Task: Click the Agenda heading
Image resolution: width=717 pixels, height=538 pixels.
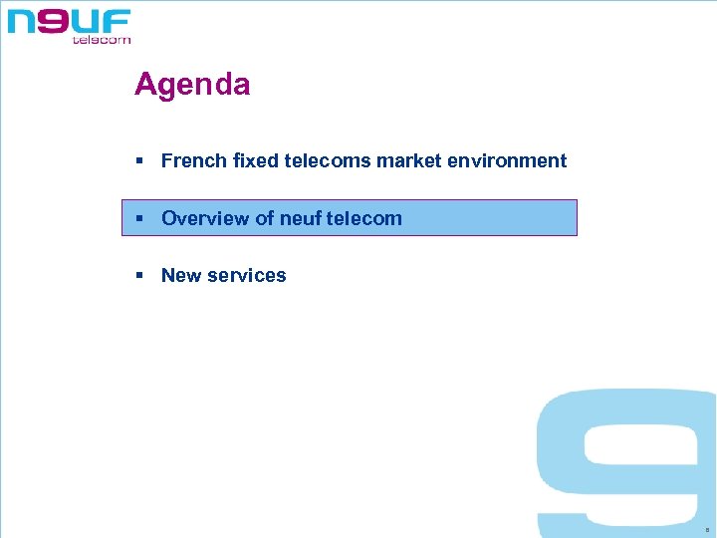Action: [x=192, y=85]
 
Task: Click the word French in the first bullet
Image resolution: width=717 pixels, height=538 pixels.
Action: [x=193, y=161]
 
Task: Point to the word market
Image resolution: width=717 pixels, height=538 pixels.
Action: [x=408, y=161]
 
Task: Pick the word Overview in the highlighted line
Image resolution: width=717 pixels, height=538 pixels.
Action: [x=205, y=218]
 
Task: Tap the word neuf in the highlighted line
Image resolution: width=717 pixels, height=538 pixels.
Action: [x=300, y=218]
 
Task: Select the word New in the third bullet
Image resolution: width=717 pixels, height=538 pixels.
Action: [x=181, y=276]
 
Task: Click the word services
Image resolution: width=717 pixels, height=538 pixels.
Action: [x=247, y=276]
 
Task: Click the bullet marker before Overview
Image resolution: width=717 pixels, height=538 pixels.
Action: [x=142, y=218]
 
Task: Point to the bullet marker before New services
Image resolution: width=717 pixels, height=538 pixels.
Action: [x=142, y=276]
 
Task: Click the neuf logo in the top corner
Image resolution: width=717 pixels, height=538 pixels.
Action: [x=69, y=24]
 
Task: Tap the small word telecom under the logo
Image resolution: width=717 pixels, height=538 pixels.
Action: [x=102, y=40]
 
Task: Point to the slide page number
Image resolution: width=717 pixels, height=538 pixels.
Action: [x=705, y=530]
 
